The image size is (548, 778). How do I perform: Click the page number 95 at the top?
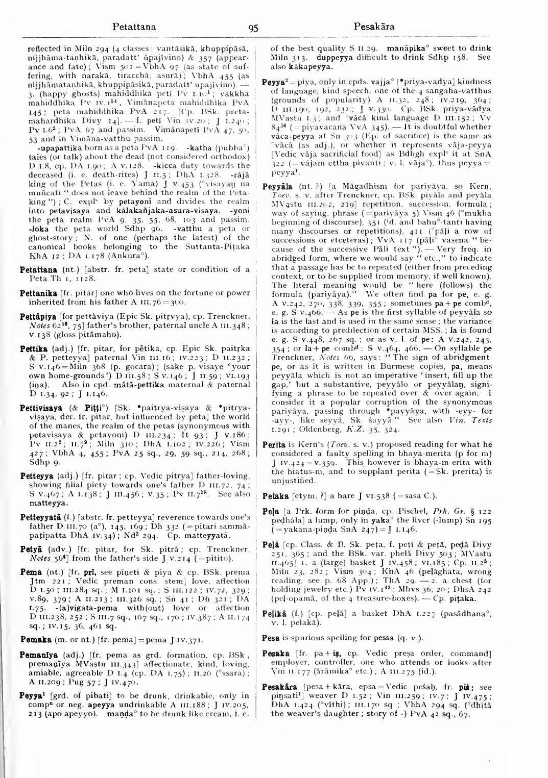pyautogui.click(x=253, y=28)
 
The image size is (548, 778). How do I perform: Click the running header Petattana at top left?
pyautogui.click(x=134, y=26)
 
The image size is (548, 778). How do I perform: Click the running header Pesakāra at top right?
pyautogui.click(x=374, y=26)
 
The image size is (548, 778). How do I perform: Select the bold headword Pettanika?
pyautogui.click(x=39, y=293)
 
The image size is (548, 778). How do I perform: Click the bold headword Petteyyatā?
pyautogui.click(x=40, y=517)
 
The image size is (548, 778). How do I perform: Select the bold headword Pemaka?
pyautogui.click(x=35, y=639)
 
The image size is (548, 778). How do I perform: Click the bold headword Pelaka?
pyautogui.click(x=275, y=495)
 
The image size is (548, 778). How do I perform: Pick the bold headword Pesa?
pyautogui.click(x=270, y=638)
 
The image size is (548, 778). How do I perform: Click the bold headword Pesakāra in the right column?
pyautogui.click(x=279, y=687)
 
